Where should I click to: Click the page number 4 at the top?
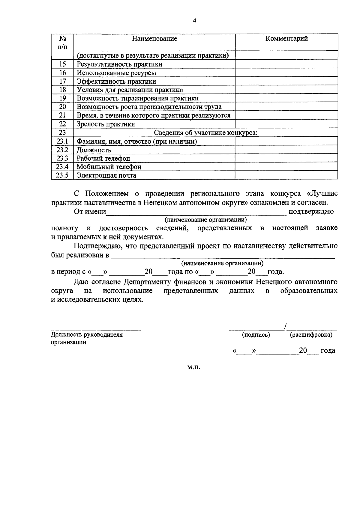tap(194, 21)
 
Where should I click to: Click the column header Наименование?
tap(155, 39)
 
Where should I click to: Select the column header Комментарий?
tap(286, 39)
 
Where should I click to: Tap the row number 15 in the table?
tap(62, 64)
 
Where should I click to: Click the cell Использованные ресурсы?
tap(116, 73)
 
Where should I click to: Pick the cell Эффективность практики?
tap(116, 82)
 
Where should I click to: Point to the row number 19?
tap(62, 98)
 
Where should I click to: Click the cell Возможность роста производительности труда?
tap(149, 107)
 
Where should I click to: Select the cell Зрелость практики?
tap(106, 124)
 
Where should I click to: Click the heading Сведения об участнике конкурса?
tap(206, 133)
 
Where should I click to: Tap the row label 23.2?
tap(62, 150)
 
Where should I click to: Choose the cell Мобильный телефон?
tap(109, 167)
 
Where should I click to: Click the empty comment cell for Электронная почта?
tap(286, 175)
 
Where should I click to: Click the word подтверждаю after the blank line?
tap(311, 212)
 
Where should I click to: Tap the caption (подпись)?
tap(256, 335)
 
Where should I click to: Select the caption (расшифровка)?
tap(311, 335)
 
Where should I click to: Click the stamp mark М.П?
tap(194, 367)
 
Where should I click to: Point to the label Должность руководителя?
tap(87, 335)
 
